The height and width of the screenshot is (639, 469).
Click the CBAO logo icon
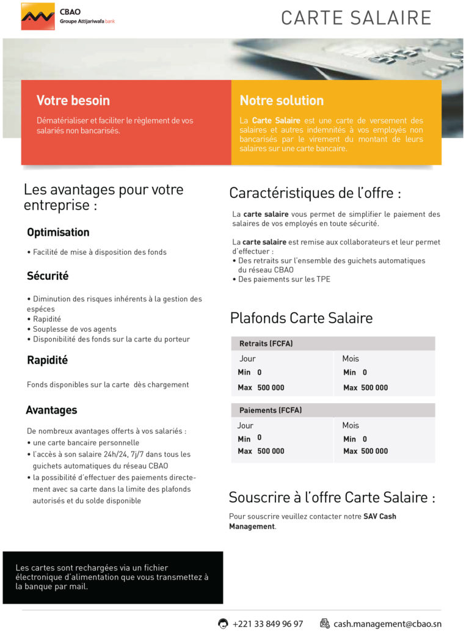coord(37,16)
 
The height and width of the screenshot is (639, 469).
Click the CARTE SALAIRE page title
coord(356,18)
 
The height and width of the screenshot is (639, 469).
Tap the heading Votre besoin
coord(73,100)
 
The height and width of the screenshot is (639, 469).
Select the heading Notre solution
coord(282,100)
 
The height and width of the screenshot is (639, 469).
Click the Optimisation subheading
coord(58,232)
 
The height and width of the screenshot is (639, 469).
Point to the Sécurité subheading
coord(48,276)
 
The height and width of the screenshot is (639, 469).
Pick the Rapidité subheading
coord(47,360)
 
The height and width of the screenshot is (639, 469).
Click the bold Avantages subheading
coord(51,410)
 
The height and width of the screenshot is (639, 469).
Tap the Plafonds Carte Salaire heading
coord(301,318)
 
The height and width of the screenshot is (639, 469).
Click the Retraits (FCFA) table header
coord(266,344)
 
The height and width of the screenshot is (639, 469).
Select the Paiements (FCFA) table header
coord(271,411)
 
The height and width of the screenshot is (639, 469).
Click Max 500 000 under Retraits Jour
coord(261,388)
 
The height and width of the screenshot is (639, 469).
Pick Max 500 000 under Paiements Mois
coord(365,451)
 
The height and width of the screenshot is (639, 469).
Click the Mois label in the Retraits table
coord(351,359)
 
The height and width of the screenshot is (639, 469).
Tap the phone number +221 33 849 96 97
coord(267,624)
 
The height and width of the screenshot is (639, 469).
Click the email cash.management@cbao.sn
coord(387,624)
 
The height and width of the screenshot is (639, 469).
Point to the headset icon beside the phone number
coord(224,624)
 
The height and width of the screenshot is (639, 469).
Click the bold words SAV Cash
coord(380,516)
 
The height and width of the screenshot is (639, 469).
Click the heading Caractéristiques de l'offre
coord(315,194)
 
